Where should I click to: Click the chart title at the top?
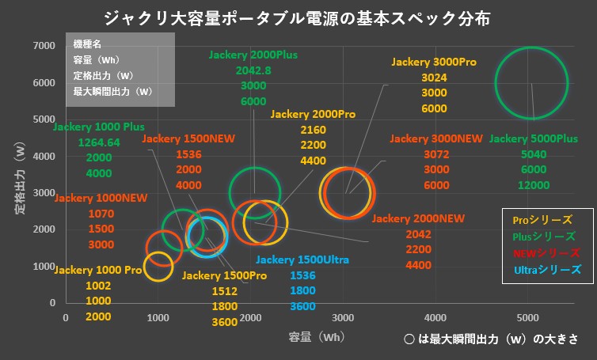(299, 17)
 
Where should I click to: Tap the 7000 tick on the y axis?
(44, 45)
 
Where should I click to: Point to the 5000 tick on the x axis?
(528, 317)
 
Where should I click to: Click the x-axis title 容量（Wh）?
(318, 336)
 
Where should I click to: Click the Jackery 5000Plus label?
(534, 138)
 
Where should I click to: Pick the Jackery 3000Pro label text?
(434, 62)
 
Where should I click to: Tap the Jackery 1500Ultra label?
(302, 260)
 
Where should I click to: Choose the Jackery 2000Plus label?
(253, 55)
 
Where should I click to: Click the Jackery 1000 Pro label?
(97, 270)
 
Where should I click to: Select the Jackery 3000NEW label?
(435, 138)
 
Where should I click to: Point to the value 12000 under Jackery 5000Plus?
(533, 184)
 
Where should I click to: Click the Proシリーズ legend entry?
(542, 220)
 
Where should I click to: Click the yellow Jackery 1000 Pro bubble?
(158, 267)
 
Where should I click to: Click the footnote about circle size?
(489, 338)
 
